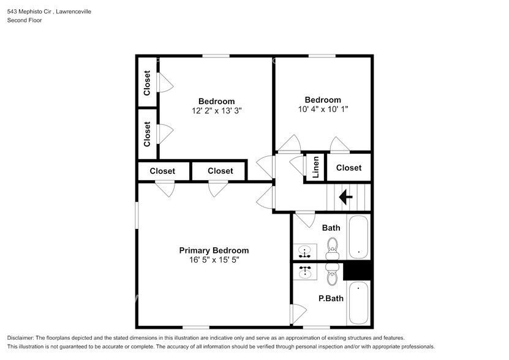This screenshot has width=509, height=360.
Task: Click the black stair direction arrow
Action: (345, 197)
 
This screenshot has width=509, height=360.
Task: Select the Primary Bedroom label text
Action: (214, 250)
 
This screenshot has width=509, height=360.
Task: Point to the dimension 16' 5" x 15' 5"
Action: (214, 260)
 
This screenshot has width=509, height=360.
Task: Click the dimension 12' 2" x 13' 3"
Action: (216, 111)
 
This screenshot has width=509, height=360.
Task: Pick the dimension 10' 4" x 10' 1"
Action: (323, 110)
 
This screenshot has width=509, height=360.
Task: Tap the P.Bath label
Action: (331, 299)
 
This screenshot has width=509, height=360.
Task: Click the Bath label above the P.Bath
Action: (331, 228)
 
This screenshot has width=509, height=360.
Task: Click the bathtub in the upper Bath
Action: (358, 237)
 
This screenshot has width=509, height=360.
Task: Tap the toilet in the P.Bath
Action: (333, 276)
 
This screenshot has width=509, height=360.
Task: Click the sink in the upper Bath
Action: (305, 251)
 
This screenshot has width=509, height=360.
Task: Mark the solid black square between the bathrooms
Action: (358, 270)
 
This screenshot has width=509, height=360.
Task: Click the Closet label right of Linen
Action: (349, 168)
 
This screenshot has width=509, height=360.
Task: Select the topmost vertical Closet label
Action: (147, 83)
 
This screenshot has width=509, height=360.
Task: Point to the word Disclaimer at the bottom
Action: (21, 339)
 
